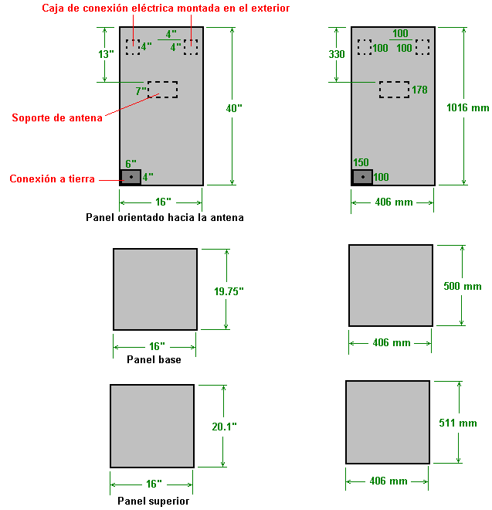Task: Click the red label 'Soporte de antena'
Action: [x=56, y=118]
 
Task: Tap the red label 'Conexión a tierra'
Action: [x=52, y=179]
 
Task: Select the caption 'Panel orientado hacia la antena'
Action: [x=165, y=218]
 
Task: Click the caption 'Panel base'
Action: [x=154, y=359]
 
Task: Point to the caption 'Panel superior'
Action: [x=153, y=501]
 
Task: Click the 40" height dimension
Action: [x=233, y=109]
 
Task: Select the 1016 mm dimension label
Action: [x=467, y=109]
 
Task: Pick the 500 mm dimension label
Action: [x=463, y=287]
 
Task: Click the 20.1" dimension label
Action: [x=224, y=427]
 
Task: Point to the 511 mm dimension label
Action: [x=459, y=423]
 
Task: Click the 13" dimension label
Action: [x=107, y=54]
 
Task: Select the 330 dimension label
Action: [x=337, y=55]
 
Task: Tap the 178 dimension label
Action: [x=419, y=90]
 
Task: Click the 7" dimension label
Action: [x=141, y=91]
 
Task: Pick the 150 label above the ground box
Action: [x=361, y=163]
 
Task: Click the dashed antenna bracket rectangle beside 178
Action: [x=394, y=90]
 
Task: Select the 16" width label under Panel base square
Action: [x=154, y=346]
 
